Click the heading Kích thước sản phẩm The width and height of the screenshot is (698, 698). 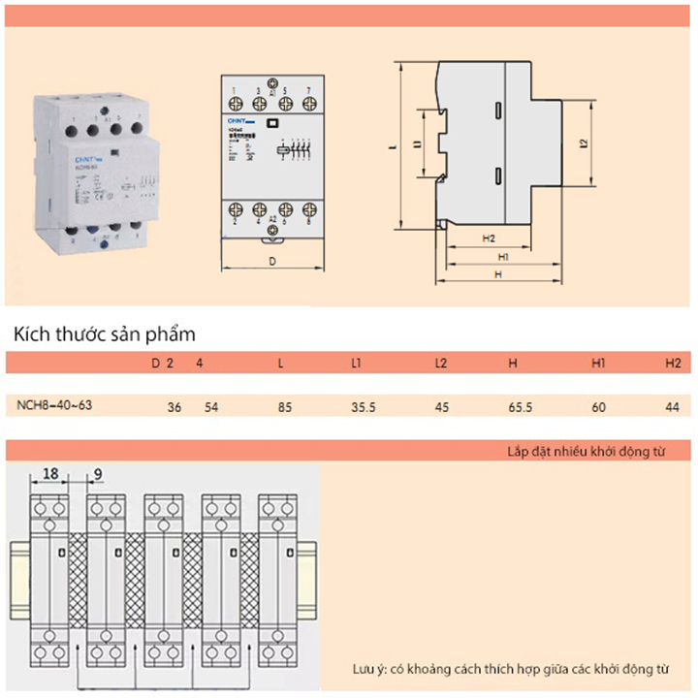click(105, 334)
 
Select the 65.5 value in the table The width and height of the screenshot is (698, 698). click(521, 408)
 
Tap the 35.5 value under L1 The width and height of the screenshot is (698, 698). click(364, 408)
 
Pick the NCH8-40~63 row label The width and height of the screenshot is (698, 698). click(55, 405)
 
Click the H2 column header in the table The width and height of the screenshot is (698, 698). click(673, 364)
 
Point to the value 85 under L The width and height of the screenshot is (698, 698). click(284, 408)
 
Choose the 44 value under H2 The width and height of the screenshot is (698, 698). click(672, 408)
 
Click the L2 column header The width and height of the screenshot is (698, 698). click(441, 364)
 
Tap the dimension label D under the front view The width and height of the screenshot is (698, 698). click(272, 261)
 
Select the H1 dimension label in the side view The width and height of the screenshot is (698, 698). click(503, 257)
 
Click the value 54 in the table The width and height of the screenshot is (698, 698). click(211, 408)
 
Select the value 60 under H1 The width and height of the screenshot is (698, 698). click(598, 408)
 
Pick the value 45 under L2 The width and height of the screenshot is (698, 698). click(442, 408)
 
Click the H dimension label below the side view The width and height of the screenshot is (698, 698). click(497, 275)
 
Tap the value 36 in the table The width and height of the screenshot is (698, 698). click(174, 408)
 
